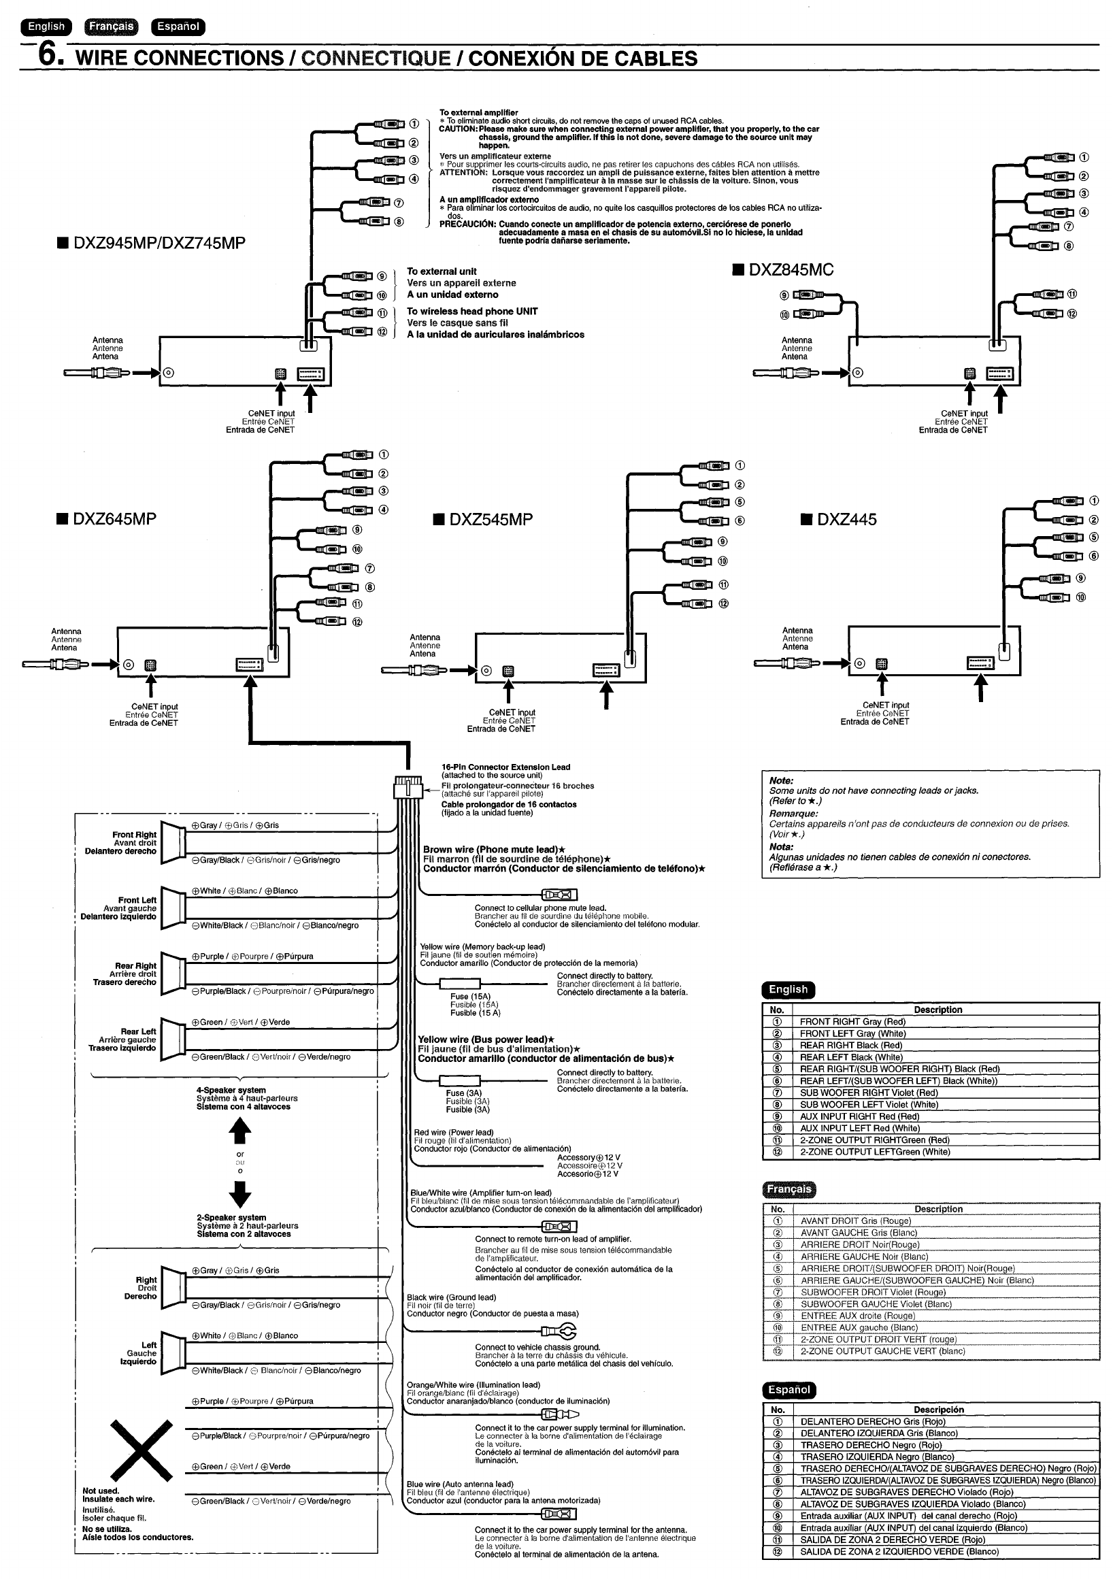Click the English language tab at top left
46,27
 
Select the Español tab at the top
178,27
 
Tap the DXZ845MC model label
791,269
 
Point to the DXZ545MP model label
491,519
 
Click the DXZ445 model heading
846,519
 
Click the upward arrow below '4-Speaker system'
239,1129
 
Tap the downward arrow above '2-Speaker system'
239,1193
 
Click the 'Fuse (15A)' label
471,997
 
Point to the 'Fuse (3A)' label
463,1093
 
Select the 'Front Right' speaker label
135,835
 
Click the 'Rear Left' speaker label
138,1031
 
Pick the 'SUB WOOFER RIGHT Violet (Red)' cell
868,1093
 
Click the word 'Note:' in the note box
782,780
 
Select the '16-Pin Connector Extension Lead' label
505,767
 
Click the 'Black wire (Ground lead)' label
451,1298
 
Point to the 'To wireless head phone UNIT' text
472,312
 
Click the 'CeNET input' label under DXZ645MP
155,706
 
